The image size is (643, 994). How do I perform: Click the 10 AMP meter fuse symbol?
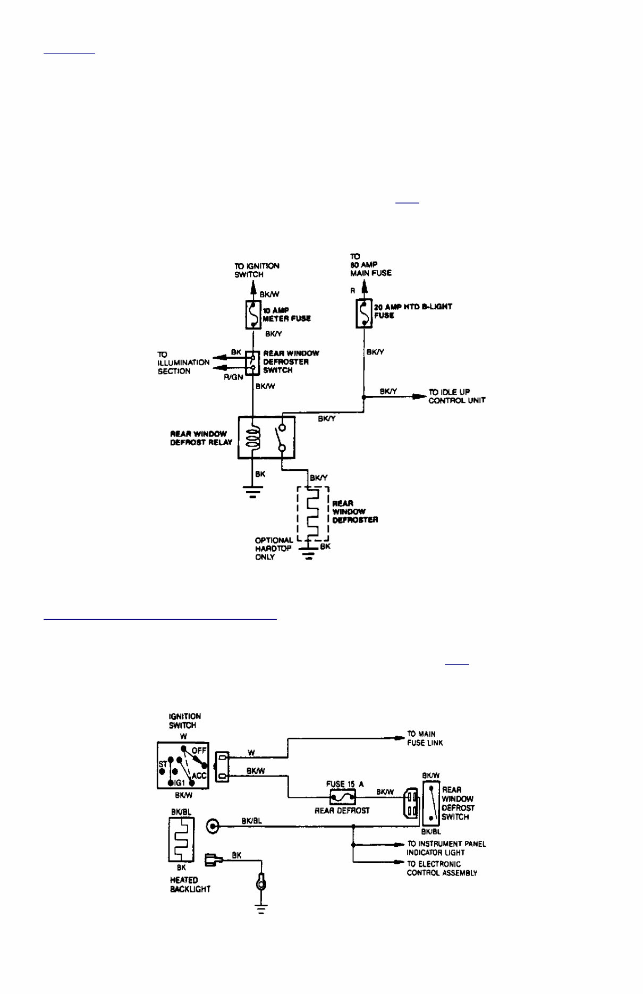(253, 314)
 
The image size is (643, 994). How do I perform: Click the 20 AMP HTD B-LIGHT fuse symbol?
(363, 314)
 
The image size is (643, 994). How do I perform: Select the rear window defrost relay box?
(266, 437)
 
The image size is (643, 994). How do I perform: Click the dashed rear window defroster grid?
(313, 513)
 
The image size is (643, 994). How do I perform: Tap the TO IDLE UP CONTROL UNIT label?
(456, 396)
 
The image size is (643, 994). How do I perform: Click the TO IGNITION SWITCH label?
(257, 270)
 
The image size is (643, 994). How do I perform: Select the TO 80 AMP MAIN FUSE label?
(370, 265)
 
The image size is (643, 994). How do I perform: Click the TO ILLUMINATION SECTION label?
(183, 363)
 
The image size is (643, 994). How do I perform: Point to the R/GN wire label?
(233, 376)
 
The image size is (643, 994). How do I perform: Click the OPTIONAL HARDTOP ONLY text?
(274, 549)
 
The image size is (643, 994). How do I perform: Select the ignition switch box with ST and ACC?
(183, 765)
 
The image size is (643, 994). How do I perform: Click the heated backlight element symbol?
(181, 839)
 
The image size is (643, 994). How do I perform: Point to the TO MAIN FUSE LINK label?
(425, 738)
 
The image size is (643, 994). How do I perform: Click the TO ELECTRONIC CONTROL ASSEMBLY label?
(442, 869)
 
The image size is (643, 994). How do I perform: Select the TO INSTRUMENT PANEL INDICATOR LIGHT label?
(446, 848)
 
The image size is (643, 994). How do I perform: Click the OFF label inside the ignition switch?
(199, 751)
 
